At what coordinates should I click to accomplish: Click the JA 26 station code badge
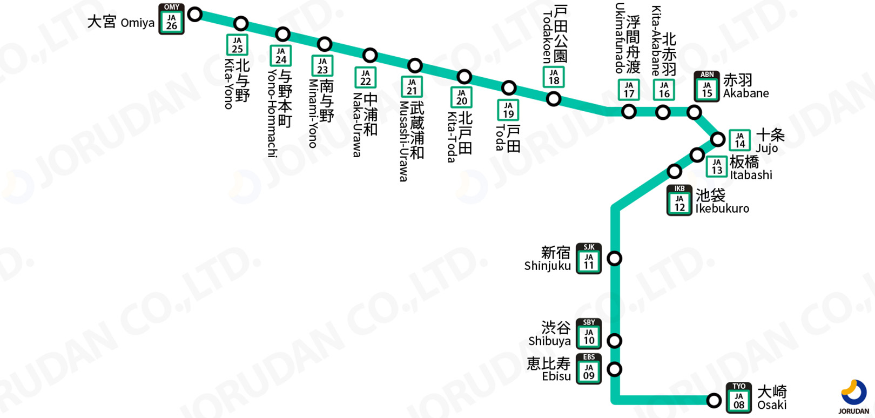tap(171, 19)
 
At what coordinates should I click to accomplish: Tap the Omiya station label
tap(121, 22)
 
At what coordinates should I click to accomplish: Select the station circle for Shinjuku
tap(615, 258)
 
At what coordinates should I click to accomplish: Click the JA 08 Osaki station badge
tap(739, 399)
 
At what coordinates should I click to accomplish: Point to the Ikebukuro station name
tap(722, 201)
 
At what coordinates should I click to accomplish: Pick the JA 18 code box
tap(554, 77)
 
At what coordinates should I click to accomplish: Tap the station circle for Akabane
tap(694, 112)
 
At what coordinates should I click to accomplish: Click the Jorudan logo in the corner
tap(854, 396)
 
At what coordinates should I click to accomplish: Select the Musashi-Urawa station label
tap(411, 140)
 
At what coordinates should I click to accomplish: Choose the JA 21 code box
tap(412, 87)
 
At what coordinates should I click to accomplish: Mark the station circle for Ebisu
tap(615, 369)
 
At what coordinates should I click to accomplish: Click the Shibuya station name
tap(550, 334)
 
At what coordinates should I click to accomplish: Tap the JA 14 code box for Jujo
tap(739, 140)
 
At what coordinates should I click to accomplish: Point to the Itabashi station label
tap(750, 168)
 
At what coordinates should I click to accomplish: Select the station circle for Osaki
tap(714, 400)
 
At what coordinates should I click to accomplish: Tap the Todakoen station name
tap(554, 35)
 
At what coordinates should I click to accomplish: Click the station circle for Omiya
tap(195, 14)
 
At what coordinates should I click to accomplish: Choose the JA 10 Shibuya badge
tap(589, 334)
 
